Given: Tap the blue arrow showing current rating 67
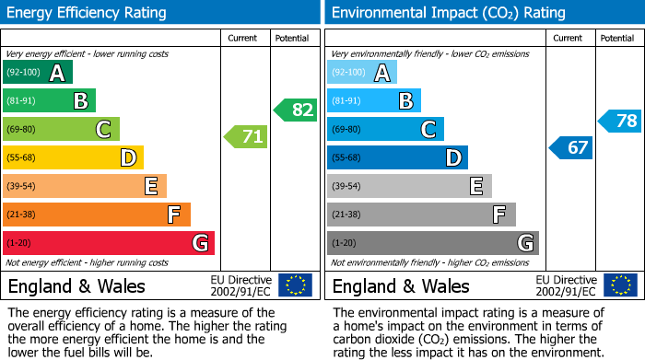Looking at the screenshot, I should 571,147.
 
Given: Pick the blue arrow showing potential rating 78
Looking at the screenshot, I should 620,121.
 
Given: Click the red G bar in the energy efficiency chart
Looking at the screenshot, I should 109,243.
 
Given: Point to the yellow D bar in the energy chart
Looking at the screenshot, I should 73,158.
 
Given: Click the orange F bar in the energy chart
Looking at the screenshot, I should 97,215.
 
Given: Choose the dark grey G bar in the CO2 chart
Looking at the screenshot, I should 432,243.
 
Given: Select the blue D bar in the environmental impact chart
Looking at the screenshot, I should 397,158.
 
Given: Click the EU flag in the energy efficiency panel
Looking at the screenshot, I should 295,285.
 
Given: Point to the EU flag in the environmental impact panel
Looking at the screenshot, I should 620,285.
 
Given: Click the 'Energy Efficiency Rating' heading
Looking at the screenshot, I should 88,13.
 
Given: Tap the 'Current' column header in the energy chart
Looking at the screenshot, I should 244,38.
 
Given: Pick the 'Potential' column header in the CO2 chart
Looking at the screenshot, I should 617,38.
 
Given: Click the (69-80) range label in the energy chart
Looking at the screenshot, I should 21,130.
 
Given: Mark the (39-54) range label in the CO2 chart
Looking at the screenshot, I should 346,187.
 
